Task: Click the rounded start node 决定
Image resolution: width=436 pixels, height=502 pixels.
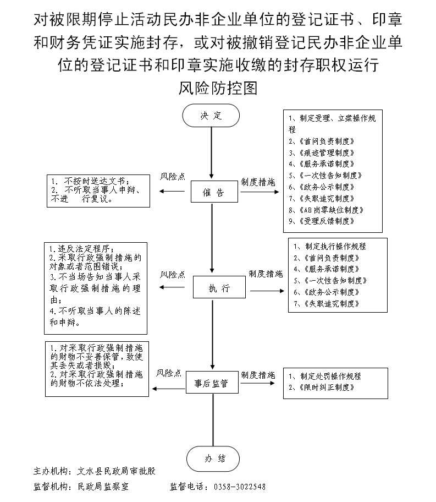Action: [x=211, y=116]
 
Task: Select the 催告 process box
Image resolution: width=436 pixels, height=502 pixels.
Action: [x=214, y=193]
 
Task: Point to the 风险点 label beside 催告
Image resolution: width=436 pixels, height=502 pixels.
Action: [x=172, y=177]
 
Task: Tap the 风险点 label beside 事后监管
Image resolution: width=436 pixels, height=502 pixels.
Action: [x=169, y=373]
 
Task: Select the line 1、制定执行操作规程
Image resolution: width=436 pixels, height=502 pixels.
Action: [x=330, y=247]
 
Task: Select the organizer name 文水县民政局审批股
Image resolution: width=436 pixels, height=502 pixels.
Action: [x=117, y=472]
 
